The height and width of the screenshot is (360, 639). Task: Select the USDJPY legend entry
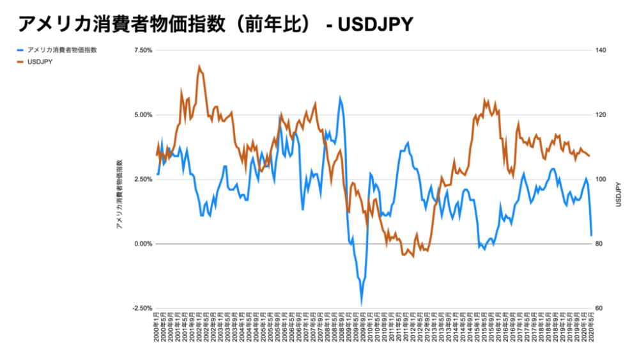pyautogui.click(x=40, y=63)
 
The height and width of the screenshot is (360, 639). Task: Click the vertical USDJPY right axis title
pyautogui.click(x=619, y=194)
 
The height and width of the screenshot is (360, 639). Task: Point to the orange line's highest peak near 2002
pyautogui.click(x=199, y=66)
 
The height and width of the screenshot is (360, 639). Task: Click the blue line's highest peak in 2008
pyautogui.click(x=341, y=98)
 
